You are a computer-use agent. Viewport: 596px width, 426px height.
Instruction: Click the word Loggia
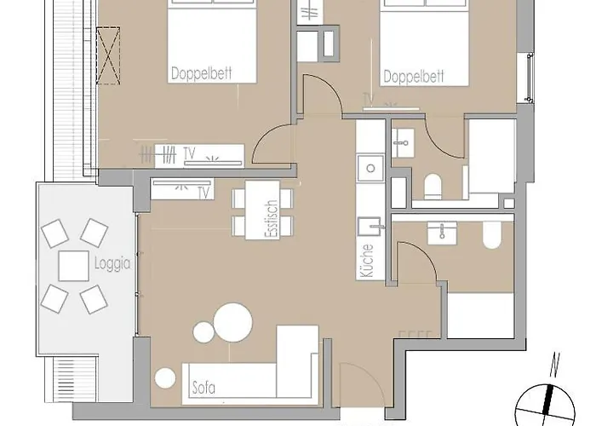click(112, 263)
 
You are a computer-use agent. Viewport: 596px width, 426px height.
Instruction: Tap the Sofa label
click(203, 388)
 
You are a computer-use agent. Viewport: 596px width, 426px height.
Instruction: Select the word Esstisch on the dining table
click(273, 219)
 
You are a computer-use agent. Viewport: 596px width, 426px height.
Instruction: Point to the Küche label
click(366, 261)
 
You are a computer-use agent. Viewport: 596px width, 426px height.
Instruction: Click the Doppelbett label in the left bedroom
click(201, 72)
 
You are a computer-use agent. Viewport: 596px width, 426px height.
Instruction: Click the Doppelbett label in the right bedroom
click(414, 77)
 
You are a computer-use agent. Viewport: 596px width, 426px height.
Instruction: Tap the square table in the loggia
click(74, 266)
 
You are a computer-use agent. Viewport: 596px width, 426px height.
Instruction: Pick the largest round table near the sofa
click(233, 322)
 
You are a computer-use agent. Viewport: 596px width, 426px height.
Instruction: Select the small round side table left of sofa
click(165, 378)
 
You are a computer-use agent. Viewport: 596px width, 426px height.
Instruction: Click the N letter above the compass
click(555, 366)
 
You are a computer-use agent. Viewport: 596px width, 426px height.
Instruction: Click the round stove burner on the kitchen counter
click(370, 168)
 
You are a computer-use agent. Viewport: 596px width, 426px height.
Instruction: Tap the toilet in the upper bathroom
click(432, 187)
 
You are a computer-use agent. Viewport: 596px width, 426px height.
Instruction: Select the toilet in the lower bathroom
click(492, 234)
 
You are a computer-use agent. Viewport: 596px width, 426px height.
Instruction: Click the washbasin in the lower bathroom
click(442, 233)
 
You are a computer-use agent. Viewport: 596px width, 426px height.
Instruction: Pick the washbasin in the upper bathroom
click(403, 142)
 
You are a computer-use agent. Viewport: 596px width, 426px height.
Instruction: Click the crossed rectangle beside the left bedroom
click(108, 55)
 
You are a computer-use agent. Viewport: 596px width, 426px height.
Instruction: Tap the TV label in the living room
click(203, 193)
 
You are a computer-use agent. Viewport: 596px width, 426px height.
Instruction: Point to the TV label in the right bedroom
click(369, 99)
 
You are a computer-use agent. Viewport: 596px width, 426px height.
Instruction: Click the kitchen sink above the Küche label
click(370, 227)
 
